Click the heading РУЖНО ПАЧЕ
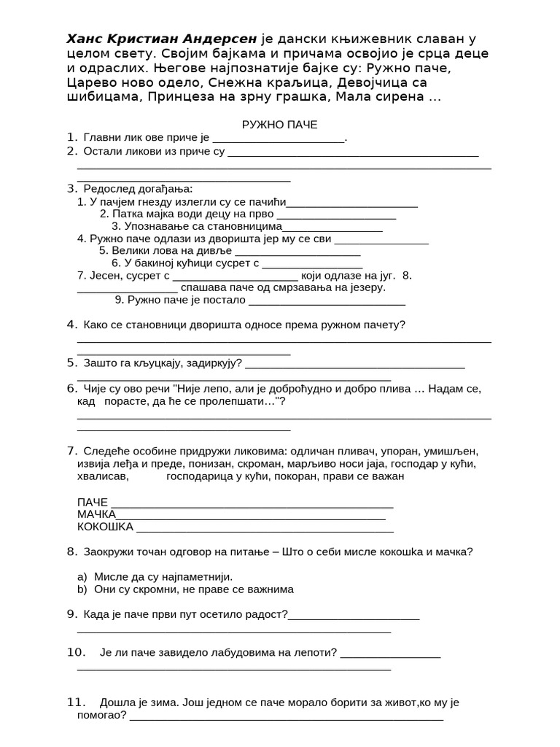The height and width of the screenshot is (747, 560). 279,124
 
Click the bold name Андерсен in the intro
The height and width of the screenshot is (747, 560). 218,39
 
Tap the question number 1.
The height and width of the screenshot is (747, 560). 71,137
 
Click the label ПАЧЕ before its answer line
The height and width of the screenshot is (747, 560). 92,502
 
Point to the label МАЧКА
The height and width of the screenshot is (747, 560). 96,514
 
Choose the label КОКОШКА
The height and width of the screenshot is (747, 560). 105,527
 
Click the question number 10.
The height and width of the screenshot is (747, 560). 77,651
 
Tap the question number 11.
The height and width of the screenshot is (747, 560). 77,703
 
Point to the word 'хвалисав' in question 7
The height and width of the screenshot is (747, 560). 102,476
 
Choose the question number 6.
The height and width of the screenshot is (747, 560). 71,389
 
